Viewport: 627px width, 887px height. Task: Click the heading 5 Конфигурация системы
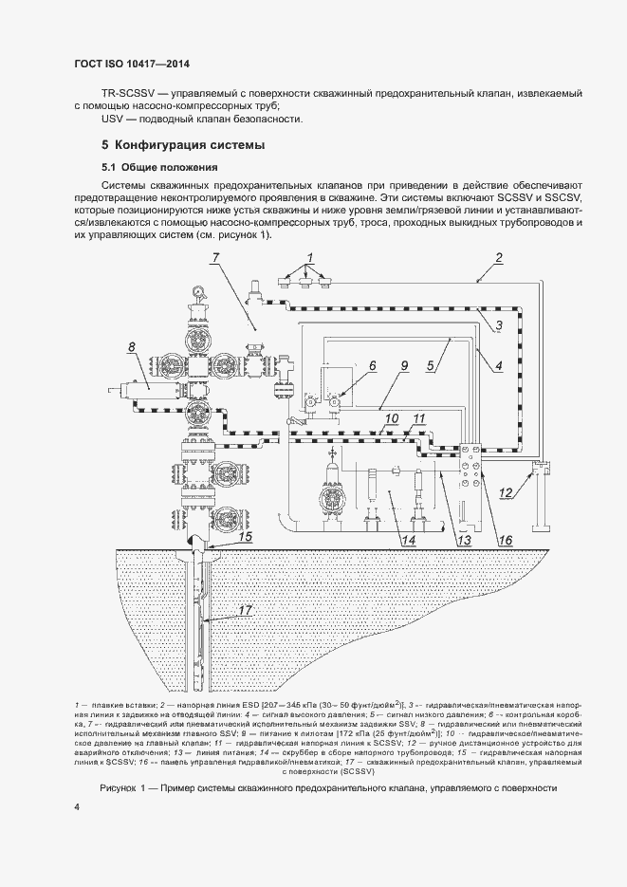click(183, 145)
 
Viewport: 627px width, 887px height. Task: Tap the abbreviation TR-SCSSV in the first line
click(125, 94)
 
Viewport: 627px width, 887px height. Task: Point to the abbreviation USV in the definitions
click(113, 120)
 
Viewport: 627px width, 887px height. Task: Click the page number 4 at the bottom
click(76, 806)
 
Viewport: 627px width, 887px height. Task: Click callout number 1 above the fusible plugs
click(308, 258)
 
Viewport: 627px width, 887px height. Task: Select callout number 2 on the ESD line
click(499, 257)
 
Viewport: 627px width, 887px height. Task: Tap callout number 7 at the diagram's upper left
click(216, 258)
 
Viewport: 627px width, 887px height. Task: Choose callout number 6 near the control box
click(373, 364)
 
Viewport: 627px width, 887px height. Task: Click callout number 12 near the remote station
click(507, 491)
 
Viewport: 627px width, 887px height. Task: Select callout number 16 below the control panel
click(505, 540)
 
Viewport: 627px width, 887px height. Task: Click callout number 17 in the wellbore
click(246, 611)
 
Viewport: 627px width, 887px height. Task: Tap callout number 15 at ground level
click(244, 536)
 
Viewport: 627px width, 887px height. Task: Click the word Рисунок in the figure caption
click(120, 789)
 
